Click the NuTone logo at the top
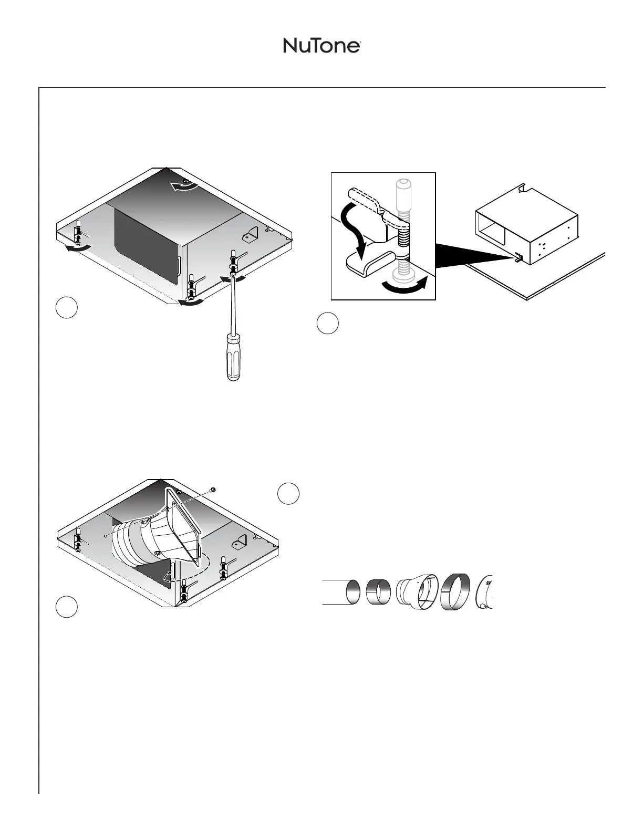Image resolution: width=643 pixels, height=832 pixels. click(x=321, y=45)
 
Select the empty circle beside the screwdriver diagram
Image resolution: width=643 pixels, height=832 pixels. click(x=67, y=307)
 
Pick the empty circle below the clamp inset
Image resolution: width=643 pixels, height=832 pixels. click(x=327, y=323)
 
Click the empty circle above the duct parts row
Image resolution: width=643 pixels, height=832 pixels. click(x=288, y=494)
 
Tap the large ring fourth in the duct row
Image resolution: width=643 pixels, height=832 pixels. click(x=455, y=592)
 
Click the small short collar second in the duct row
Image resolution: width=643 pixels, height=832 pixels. click(x=378, y=592)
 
